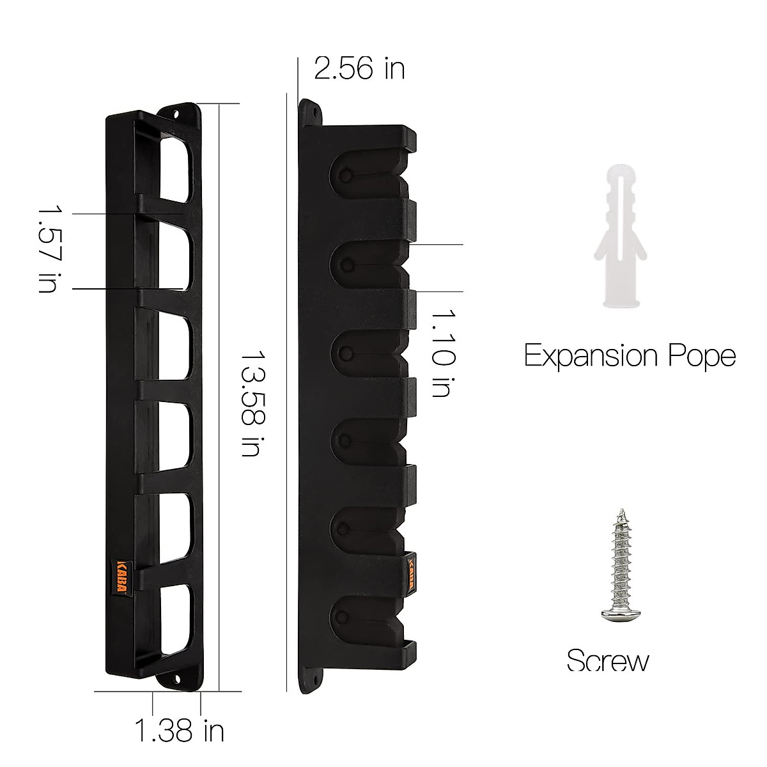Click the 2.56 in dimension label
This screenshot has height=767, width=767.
pos(359,68)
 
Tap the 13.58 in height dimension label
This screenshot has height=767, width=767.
pos(250,403)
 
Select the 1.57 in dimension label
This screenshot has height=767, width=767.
pos(48,248)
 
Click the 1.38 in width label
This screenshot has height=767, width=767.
pos(179,730)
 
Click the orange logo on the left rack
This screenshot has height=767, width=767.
pos(122,578)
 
